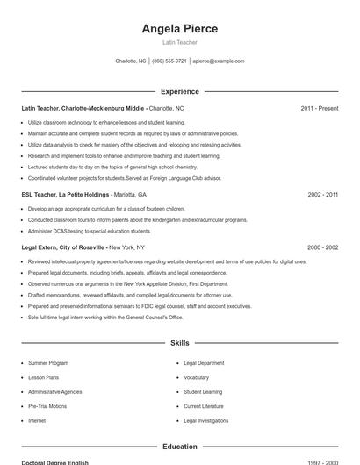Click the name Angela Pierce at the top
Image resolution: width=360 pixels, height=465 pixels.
179,28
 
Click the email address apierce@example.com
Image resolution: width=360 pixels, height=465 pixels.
218,61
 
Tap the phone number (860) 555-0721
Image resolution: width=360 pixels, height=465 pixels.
169,61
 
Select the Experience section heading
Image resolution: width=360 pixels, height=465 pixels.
179,91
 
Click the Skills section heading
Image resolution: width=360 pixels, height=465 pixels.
179,343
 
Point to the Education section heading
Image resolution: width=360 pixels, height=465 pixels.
179,447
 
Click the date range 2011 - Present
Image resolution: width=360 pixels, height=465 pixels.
319,108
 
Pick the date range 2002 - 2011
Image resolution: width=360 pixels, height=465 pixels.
322,194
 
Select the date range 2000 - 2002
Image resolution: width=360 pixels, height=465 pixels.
322,247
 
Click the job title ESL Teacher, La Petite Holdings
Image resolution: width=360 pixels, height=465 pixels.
66,194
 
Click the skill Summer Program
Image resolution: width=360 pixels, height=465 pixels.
47,362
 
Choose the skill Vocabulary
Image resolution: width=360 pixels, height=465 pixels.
196,377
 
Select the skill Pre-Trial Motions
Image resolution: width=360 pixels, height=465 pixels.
47,406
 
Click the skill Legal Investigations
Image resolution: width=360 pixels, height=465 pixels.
205,421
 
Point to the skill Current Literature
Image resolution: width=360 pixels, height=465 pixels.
203,406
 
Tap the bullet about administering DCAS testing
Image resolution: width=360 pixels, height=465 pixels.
90,231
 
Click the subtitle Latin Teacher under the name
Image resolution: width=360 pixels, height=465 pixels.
179,42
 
